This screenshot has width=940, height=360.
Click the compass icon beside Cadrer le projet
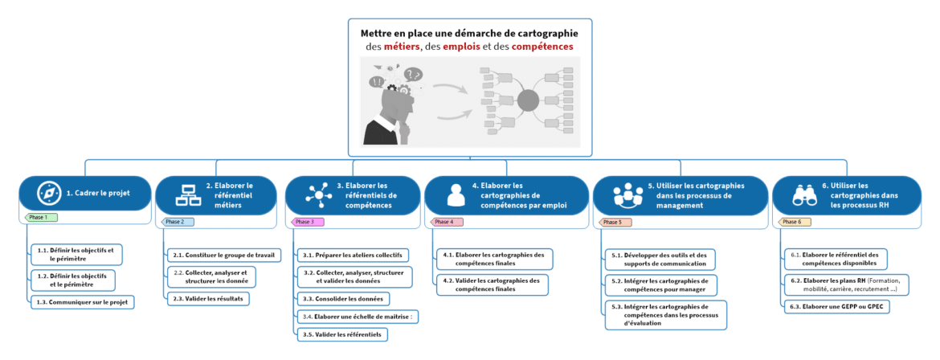[49, 194]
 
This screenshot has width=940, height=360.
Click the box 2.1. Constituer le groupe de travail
[223, 256]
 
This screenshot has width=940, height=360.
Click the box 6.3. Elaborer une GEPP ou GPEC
[837, 307]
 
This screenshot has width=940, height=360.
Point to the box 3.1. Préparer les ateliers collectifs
[352, 256]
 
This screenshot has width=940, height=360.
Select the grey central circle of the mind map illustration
[528, 100]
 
